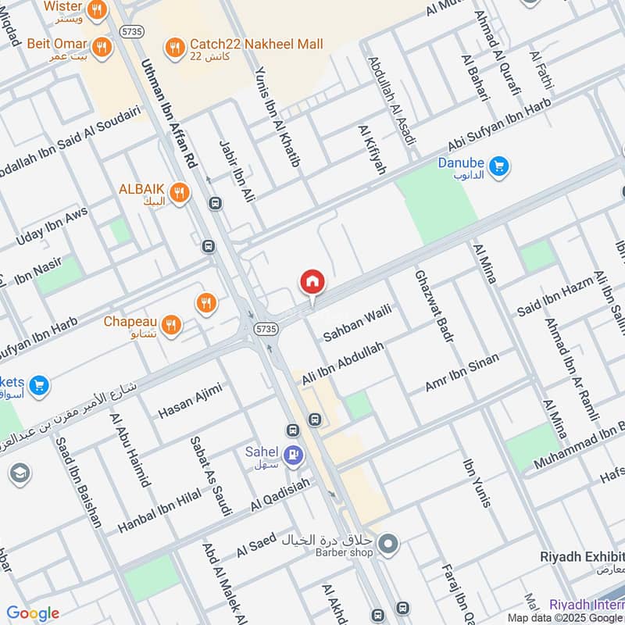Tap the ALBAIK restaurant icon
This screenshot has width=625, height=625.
pyautogui.click(x=179, y=192)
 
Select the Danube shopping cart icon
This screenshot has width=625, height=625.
pyautogui.click(x=498, y=166)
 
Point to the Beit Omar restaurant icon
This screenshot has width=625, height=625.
pyautogui.click(x=100, y=48)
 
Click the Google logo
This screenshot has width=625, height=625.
pyautogui.click(x=33, y=613)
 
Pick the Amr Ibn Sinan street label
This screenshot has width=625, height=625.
pyautogui.click(x=461, y=371)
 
